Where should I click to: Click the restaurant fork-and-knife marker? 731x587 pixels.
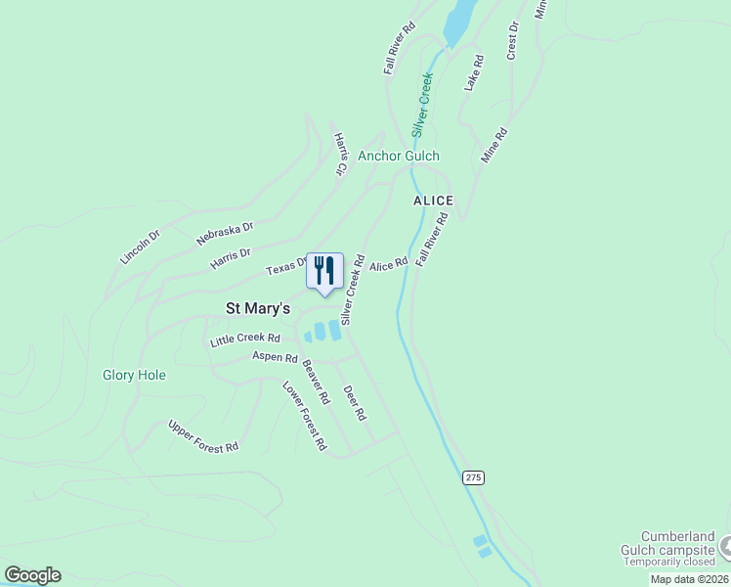tap(324, 271)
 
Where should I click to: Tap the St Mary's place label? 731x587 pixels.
tap(258, 308)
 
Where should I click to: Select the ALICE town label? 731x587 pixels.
tap(433, 201)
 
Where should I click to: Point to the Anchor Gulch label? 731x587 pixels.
tap(399, 156)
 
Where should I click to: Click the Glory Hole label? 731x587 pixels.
tap(134, 375)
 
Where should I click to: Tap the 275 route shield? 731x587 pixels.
tap(473, 477)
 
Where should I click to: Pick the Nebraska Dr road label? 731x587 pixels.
tap(224, 229)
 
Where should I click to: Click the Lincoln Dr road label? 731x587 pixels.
tap(139, 247)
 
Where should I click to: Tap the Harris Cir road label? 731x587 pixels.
tap(340, 155)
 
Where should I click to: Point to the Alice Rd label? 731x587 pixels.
tap(388, 265)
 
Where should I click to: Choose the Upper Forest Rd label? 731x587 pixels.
tap(203, 435)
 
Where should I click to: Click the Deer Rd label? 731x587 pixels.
tap(355, 402)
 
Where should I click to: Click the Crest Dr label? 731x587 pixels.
tap(511, 42)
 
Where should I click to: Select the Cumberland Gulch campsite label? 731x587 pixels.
tap(676, 543)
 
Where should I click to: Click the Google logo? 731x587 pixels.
tap(32, 575)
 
